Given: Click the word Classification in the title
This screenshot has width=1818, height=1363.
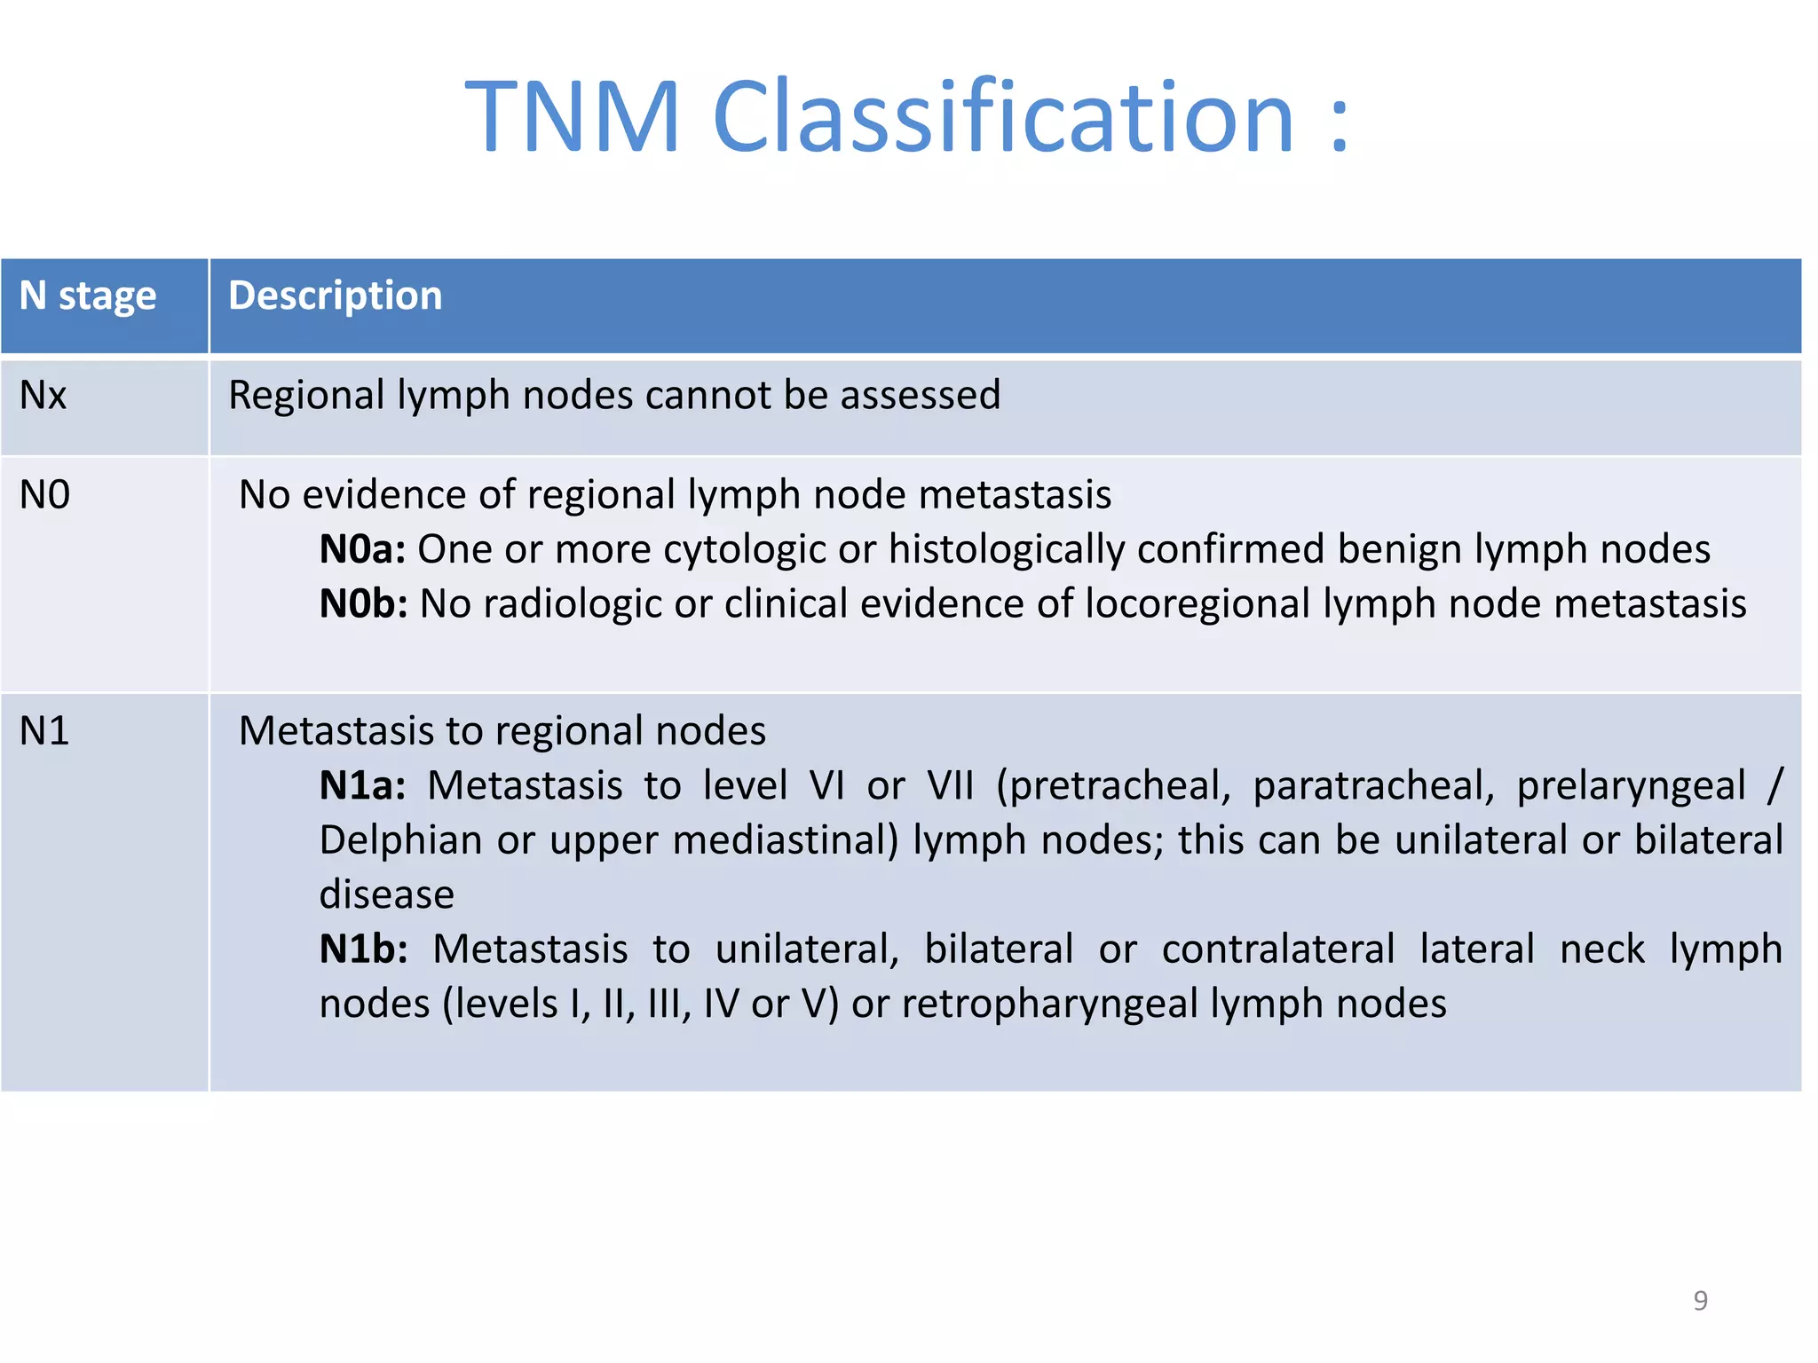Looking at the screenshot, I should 1003,117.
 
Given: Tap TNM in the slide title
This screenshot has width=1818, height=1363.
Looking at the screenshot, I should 573,117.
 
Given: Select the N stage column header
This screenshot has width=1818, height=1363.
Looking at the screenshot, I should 88,295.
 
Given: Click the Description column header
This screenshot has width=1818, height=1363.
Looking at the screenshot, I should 335,295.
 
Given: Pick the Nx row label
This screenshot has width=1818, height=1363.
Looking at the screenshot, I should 43,396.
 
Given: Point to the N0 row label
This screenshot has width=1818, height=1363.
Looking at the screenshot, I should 44,495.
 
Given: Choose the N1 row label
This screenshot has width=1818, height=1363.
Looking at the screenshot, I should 44,732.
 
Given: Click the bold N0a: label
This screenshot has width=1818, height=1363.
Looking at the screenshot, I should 362,550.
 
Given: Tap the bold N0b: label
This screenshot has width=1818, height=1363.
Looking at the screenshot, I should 363,604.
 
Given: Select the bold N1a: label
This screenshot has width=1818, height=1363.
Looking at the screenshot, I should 362,786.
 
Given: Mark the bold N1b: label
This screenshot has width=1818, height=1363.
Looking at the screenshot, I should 363,949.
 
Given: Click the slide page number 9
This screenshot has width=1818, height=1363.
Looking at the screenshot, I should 1700,1301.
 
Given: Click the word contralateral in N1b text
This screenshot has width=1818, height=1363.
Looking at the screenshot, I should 1277,949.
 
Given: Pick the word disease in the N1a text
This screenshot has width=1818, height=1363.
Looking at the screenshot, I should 386,894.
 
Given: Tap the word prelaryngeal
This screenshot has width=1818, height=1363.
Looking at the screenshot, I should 1631,786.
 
